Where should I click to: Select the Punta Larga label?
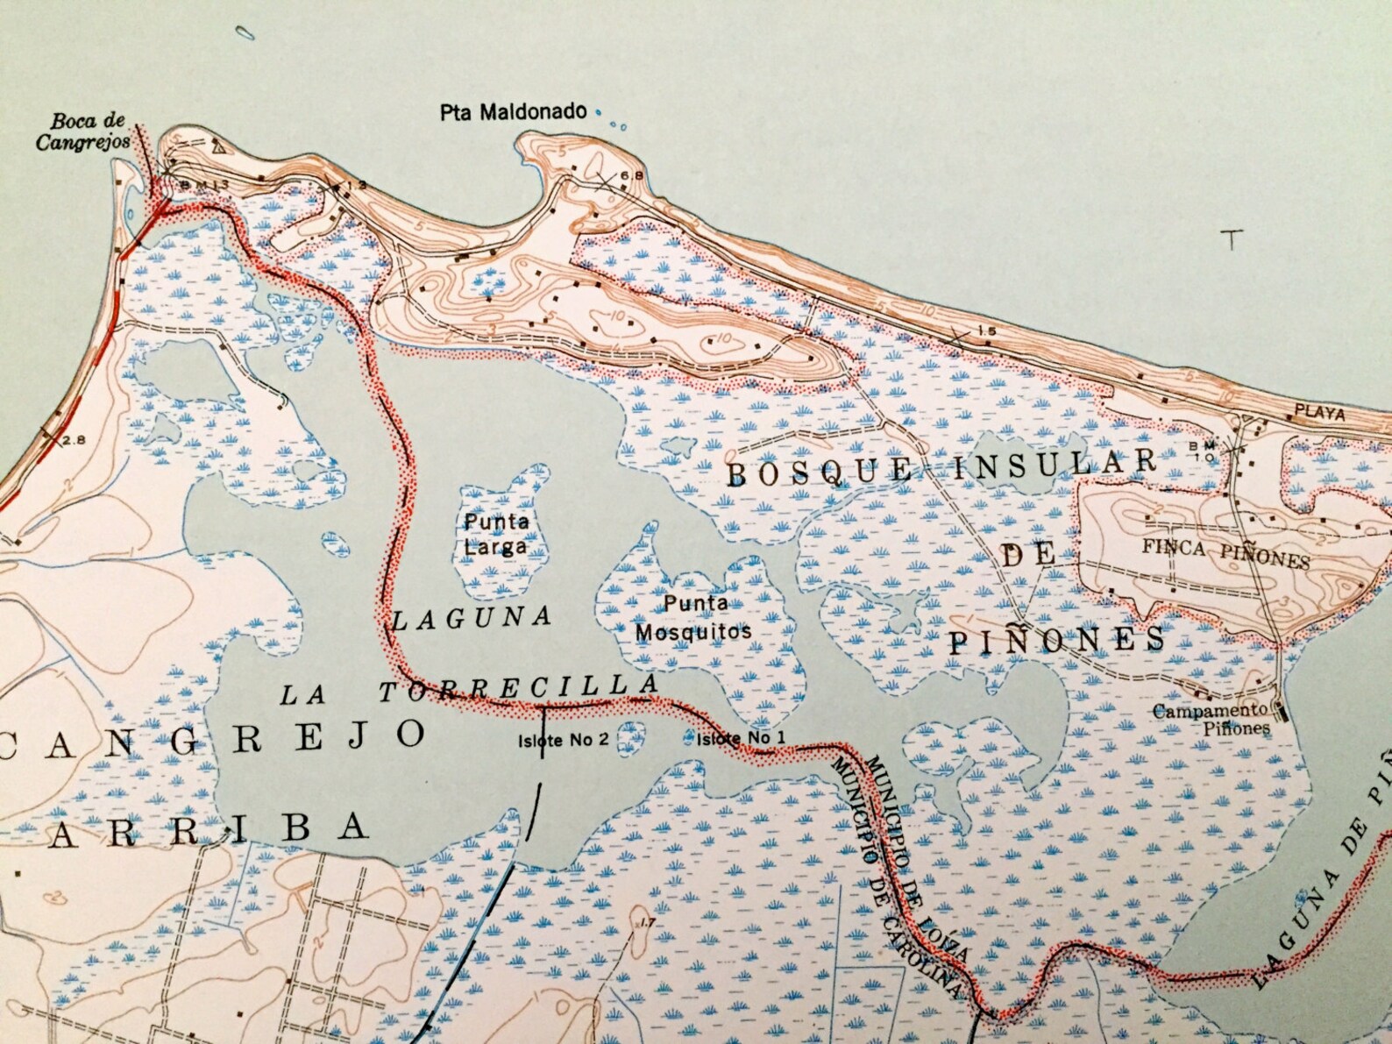[496, 534]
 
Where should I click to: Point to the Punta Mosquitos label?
[693, 617]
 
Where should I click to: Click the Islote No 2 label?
[563, 739]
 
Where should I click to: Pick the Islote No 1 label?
[741, 738]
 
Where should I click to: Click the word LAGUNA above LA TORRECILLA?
[472, 619]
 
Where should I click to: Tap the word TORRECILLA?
[517, 689]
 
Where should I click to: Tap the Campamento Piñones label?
[1211, 718]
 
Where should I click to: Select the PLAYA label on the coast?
[1320, 413]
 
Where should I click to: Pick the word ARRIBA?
[206, 829]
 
